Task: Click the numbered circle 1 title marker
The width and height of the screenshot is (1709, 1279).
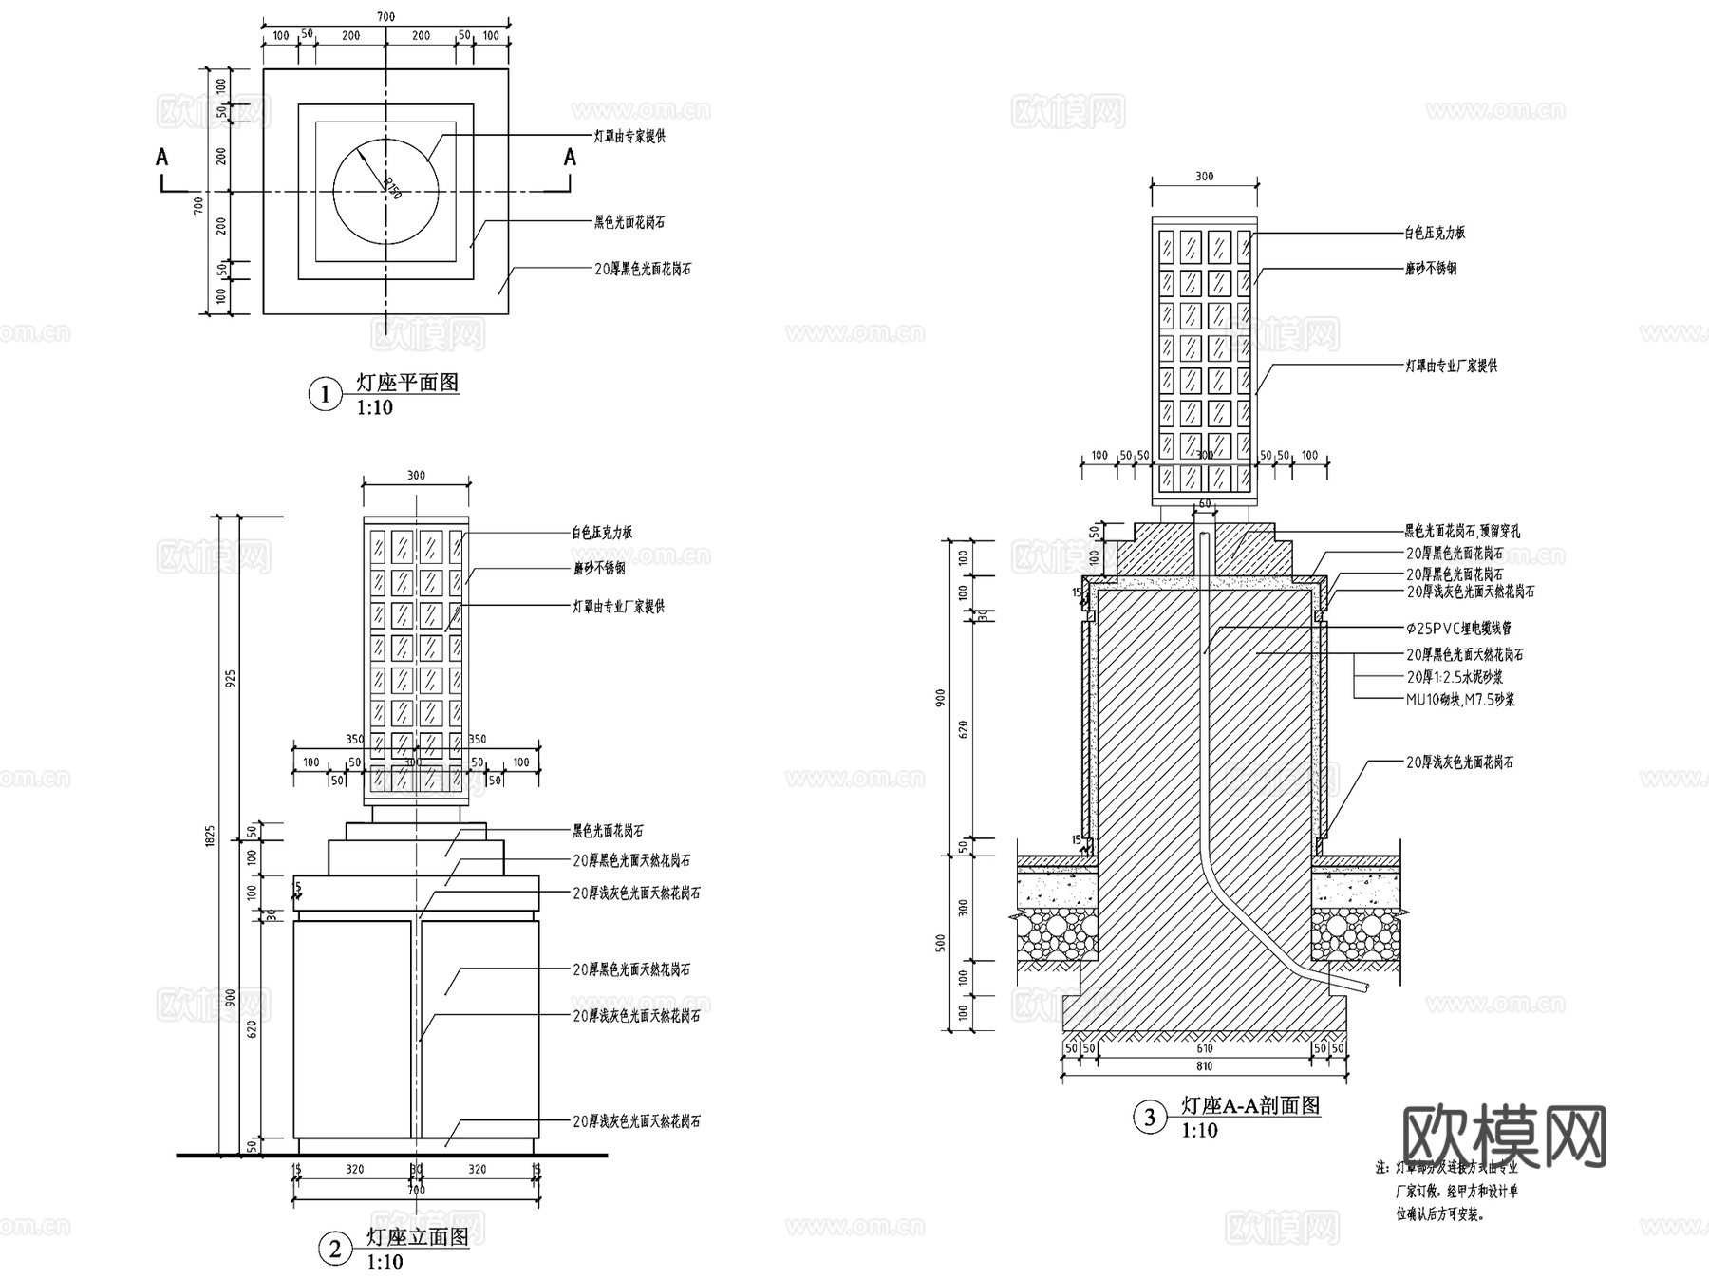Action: pyautogui.click(x=325, y=394)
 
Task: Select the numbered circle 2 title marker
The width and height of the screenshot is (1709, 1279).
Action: pyautogui.click(x=334, y=1249)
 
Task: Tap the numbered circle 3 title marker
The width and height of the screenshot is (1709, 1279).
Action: pyautogui.click(x=1150, y=1117)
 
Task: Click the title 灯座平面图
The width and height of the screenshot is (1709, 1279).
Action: pyautogui.click(x=407, y=383)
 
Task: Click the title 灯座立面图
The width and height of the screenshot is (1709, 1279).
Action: pyautogui.click(x=418, y=1237)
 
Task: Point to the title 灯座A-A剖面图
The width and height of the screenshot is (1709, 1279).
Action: pyautogui.click(x=1250, y=1105)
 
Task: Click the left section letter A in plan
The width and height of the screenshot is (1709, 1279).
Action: pyautogui.click(x=162, y=158)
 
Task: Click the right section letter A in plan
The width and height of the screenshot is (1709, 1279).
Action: pyautogui.click(x=570, y=158)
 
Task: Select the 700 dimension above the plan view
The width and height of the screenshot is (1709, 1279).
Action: pyautogui.click(x=385, y=17)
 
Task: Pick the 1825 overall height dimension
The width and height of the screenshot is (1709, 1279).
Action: pyautogui.click(x=211, y=836)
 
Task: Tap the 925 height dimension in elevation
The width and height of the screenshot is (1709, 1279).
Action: pyautogui.click(x=231, y=678)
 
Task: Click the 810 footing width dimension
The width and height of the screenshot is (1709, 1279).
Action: pyautogui.click(x=1204, y=1066)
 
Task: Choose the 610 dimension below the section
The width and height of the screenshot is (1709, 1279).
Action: pyautogui.click(x=1204, y=1048)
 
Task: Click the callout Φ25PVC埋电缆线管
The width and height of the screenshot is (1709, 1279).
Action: pyautogui.click(x=1458, y=629)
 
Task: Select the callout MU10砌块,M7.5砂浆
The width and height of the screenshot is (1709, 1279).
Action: pyautogui.click(x=1460, y=700)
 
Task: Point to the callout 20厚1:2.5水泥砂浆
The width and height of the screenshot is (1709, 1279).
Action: pyautogui.click(x=1455, y=677)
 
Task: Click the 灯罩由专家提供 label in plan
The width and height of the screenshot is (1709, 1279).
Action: pyautogui.click(x=629, y=137)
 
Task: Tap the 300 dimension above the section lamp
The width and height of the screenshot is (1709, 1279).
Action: pyautogui.click(x=1204, y=177)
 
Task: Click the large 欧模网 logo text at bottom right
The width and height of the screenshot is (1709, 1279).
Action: pyautogui.click(x=1505, y=1136)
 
